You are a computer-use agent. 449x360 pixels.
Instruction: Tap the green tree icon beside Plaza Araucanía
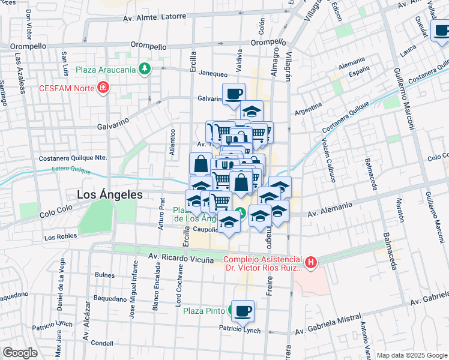point(144,69)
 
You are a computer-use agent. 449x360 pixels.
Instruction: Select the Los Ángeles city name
point(110,194)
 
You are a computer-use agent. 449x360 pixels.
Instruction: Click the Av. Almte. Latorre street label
point(155,17)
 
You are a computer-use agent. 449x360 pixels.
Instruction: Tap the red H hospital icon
point(310,262)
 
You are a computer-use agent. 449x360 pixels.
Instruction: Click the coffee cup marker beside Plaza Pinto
point(243,311)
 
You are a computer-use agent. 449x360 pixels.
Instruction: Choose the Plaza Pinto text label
point(204,311)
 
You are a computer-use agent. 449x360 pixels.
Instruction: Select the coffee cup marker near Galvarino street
point(234,93)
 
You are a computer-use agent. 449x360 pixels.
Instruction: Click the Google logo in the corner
point(20,353)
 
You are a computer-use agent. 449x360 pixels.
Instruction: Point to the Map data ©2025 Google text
point(411,355)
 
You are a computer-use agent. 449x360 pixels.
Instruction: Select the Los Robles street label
point(61,236)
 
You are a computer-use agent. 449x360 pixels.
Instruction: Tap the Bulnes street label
point(104,275)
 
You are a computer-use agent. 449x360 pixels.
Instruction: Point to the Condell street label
point(103,343)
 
